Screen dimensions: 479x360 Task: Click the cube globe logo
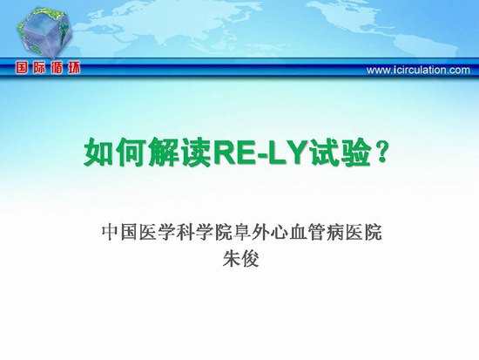44,33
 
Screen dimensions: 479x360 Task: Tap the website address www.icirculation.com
418,70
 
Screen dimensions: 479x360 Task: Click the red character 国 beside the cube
22,68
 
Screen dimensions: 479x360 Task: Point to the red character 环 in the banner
74,68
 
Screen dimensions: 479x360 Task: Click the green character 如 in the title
99,152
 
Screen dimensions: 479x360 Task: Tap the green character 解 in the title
164,152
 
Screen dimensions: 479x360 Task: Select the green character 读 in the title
196,152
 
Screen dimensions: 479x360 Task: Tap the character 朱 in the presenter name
232,259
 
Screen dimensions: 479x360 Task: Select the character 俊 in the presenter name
250,259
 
